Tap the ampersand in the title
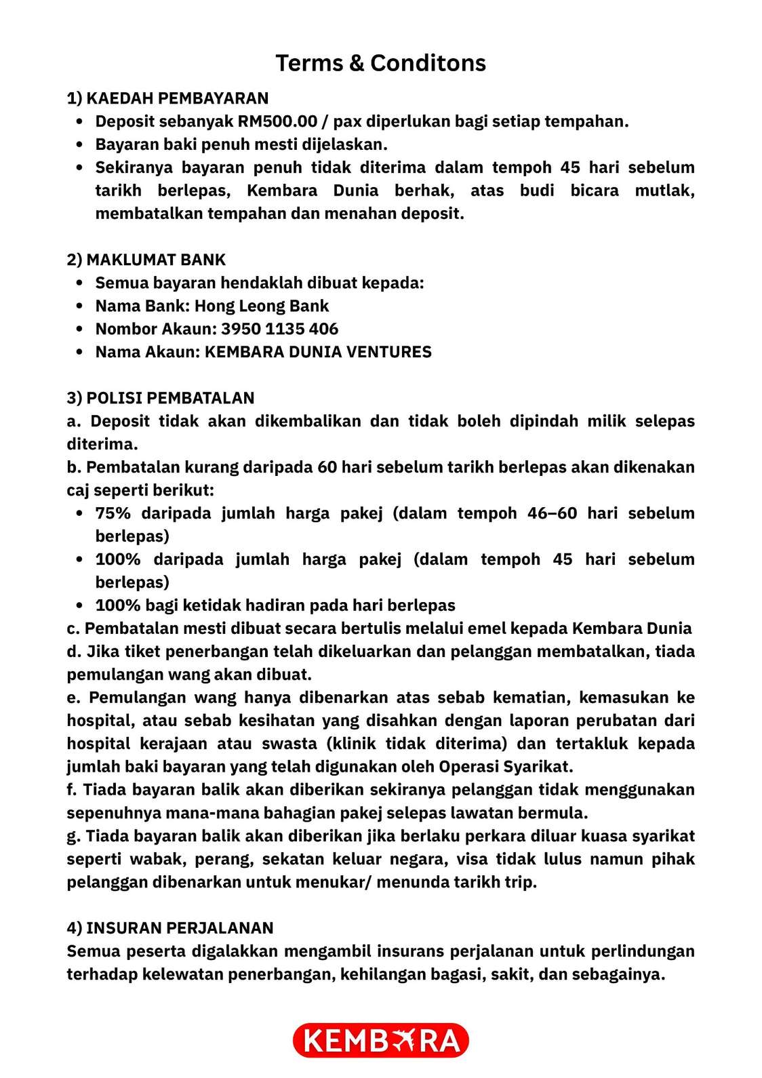tap(357, 63)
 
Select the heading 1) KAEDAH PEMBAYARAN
tap(167, 98)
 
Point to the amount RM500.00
tap(277, 121)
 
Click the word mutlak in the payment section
tap(664, 191)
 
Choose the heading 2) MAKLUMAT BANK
tap(146, 260)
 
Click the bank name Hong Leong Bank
tap(262, 306)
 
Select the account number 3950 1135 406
tap(279, 329)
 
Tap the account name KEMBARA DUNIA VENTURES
tap(318, 352)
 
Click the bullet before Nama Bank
tap(80, 306)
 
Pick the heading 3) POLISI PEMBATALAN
tap(161, 398)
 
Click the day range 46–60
tap(552, 513)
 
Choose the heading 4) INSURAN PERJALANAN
tap(170, 928)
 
